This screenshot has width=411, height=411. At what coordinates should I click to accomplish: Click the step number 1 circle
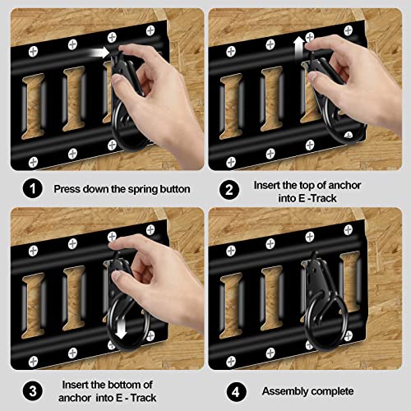(x=32, y=188)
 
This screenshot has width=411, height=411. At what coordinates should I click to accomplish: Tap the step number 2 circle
(x=230, y=188)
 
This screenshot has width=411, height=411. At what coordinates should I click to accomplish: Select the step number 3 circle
(x=32, y=390)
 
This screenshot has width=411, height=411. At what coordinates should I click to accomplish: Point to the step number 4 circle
(x=230, y=390)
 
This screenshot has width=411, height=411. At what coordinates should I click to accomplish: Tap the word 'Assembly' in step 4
(x=285, y=391)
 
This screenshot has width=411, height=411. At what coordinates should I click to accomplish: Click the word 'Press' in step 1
(x=69, y=189)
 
